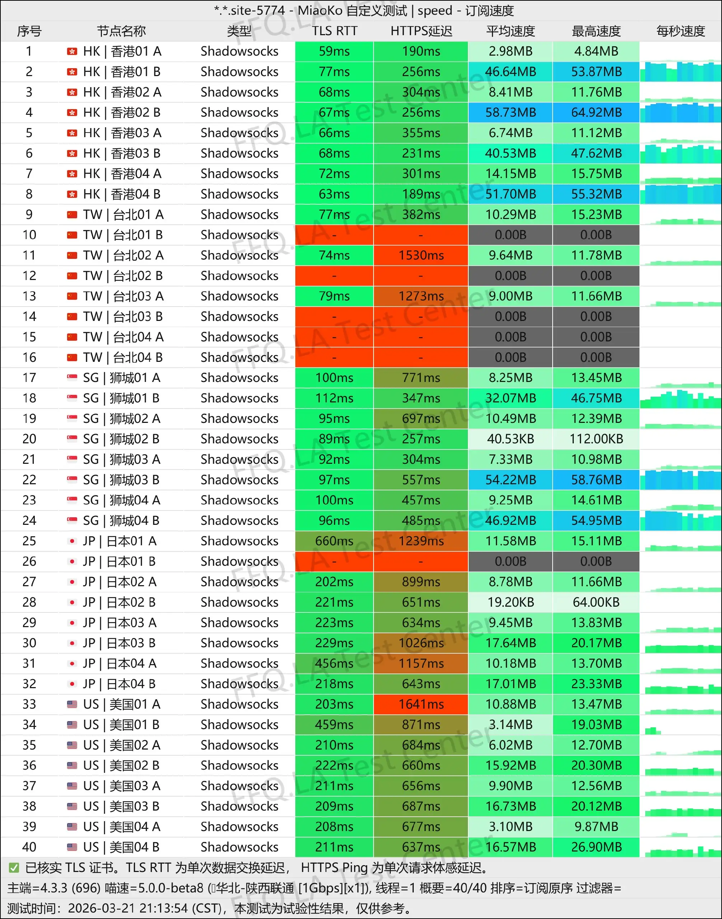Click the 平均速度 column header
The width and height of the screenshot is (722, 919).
point(510,31)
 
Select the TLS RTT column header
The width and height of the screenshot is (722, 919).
point(334,31)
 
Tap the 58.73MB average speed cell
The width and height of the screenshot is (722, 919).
point(510,112)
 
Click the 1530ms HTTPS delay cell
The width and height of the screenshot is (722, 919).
point(421,256)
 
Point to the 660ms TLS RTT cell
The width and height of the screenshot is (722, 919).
point(334,541)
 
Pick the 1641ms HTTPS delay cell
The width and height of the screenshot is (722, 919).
point(421,704)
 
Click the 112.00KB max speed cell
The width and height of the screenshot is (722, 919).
point(596,439)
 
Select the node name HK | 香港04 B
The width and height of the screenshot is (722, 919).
point(122,194)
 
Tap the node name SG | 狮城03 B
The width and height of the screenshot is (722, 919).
point(121,480)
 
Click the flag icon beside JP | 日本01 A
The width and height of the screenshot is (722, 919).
point(72,541)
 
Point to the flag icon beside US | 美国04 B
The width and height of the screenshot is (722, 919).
point(72,847)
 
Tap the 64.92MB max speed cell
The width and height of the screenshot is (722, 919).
point(596,112)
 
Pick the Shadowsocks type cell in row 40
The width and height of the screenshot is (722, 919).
point(239,847)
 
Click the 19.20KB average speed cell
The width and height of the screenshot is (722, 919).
point(510,602)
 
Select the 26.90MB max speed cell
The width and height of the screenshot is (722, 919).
point(596,847)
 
